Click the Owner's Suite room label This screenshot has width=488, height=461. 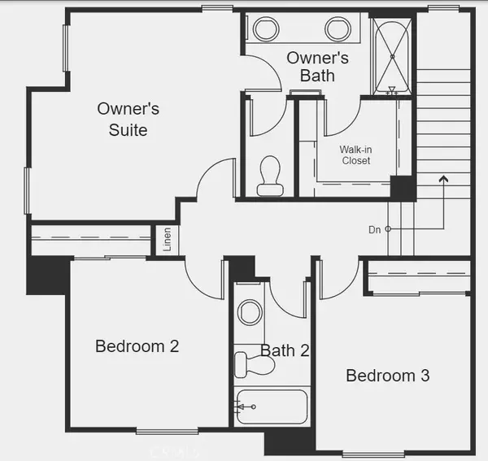(128, 118)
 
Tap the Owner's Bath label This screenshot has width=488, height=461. (317, 67)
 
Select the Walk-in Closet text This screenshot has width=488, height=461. (355, 155)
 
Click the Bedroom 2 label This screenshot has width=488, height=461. (137, 346)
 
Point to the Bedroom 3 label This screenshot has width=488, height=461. (387, 376)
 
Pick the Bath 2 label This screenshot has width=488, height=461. (285, 351)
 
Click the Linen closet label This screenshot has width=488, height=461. (167, 239)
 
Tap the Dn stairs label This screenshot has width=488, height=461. (374, 230)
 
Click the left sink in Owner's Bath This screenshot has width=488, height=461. (267, 30)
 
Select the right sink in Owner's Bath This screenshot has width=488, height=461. (338, 30)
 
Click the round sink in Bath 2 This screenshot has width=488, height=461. (250, 312)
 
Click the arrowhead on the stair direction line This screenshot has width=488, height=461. (443, 176)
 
